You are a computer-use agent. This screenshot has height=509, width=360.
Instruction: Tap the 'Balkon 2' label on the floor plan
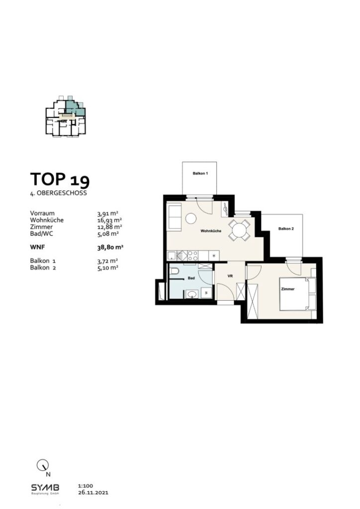point(286,229)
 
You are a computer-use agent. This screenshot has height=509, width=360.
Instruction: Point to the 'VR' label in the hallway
point(230,275)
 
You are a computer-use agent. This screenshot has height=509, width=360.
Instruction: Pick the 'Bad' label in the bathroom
point(190,279)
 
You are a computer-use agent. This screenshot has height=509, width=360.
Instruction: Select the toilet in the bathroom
point(175,273)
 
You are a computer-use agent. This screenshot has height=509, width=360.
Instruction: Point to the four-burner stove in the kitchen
point(192,255)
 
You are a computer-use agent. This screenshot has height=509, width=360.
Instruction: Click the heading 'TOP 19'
point(60,179)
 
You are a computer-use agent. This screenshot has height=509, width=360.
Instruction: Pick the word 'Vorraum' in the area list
point(43,213)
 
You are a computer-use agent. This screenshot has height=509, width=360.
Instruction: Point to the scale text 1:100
point(86,487)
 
